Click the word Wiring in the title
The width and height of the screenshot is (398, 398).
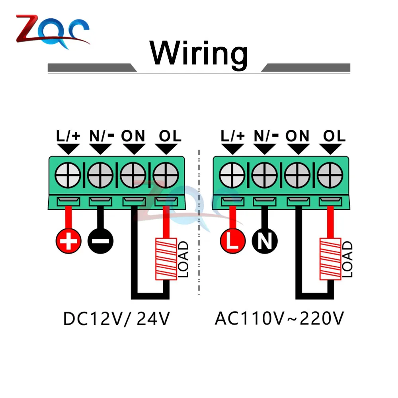(x=199, y=54)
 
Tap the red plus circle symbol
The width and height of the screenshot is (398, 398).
(x=68, y=241)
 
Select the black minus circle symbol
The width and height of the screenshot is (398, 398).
(x=101, y=241)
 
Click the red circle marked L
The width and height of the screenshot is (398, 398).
(x=233, y=241)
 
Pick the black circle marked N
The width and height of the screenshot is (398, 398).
(x=265, y=241)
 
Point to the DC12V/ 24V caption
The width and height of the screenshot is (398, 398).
(x=117, y=318)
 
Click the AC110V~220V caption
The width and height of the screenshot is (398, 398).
(x=279, y=318)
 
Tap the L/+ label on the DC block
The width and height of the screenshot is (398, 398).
(x=68, y=136)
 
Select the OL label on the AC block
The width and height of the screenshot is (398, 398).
(x=334, y=136)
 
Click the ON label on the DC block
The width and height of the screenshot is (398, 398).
(x=133, y=136)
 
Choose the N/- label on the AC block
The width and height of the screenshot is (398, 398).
(x=266, y=136)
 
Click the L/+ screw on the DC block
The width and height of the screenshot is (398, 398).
(x=68, y=176)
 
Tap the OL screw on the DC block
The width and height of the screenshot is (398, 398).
(x=166, y=176)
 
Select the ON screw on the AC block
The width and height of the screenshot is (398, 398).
(x=297, y=176)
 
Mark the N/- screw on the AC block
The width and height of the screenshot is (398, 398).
(x=265, y=176)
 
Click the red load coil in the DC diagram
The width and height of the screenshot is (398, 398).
(x=166, y=259)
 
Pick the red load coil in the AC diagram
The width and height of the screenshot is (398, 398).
(x=330, y=259)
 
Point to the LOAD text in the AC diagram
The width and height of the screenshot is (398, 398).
(x=347, y=259)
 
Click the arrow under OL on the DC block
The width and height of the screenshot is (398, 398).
(x=166, y=149)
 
